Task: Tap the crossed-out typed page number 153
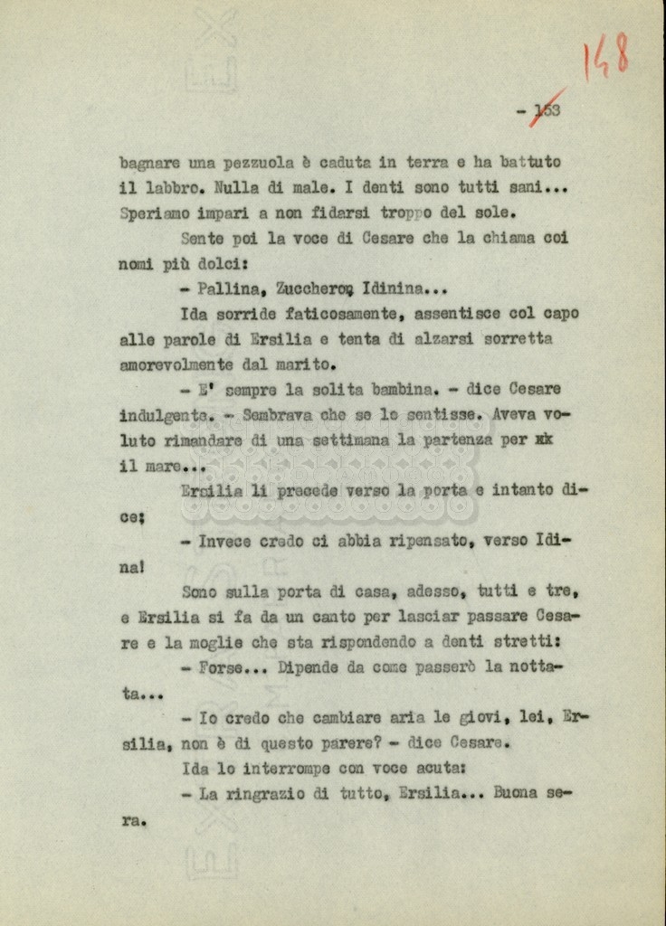point(547,110)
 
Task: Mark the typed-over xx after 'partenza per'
point(544,440)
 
